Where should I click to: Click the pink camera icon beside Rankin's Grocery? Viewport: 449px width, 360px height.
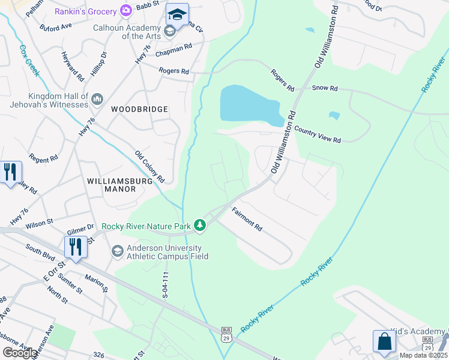[x=126, y=10]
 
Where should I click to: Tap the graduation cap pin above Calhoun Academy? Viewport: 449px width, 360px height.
[x=177, y=14]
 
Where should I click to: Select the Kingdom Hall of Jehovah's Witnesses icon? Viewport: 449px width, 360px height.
[x=97, y=98]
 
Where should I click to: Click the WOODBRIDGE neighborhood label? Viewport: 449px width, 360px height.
[x=139, y=109]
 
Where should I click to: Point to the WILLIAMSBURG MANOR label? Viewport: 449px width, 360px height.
[x=111, y=184]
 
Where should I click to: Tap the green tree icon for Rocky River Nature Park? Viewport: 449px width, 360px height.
[x=200, y=226]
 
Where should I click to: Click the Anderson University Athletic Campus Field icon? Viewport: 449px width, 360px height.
[x=117, y=251]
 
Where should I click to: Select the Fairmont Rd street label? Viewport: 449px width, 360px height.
[x=247, y=219]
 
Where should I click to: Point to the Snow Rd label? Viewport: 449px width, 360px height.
[x=325, y=88]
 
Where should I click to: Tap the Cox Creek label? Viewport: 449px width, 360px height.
[x=29, y=61]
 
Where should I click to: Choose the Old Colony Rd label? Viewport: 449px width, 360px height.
[x=149, y=167]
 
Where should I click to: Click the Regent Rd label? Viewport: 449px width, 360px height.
[x=43, y=159]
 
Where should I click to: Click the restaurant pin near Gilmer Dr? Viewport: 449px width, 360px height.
[x=75, y=246]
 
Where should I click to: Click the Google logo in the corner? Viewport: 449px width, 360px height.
[x=20, y=353]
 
